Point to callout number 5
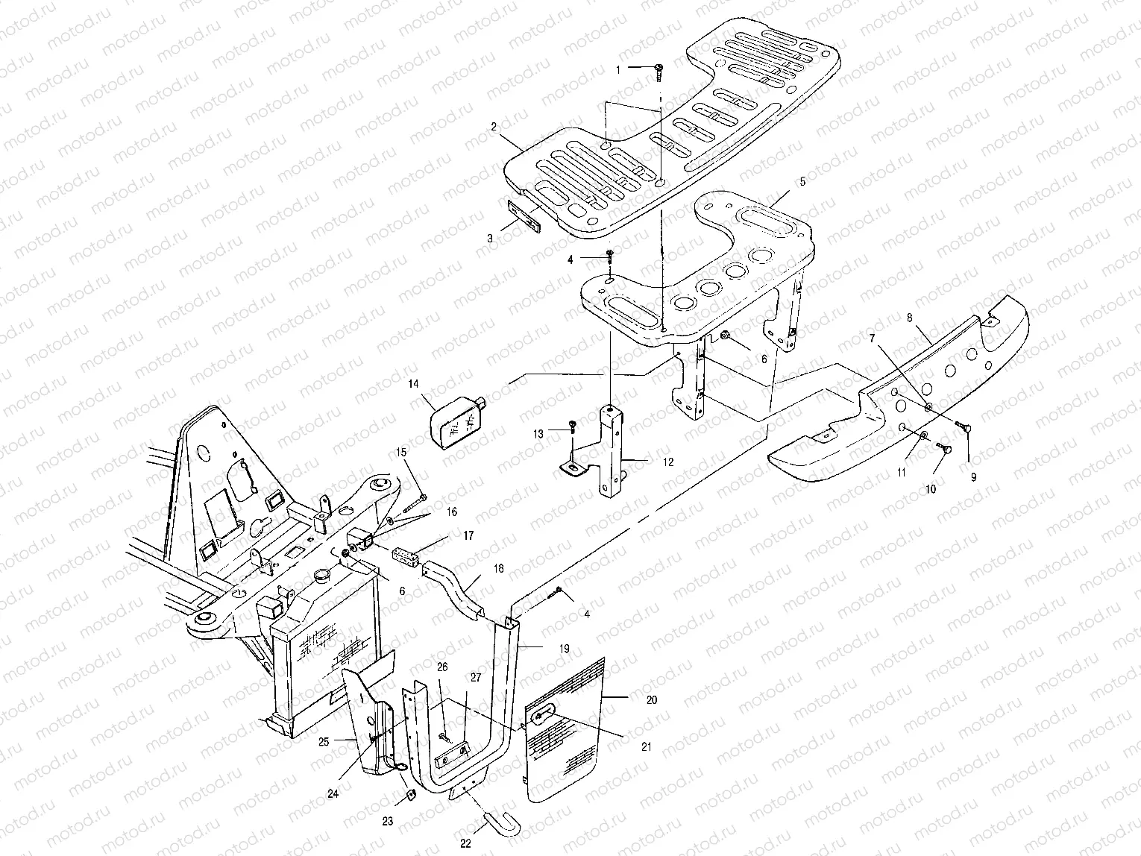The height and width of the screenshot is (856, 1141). pyautogui.click(x=802, y=181)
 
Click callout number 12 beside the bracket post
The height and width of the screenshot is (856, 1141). pyautogui.click(x=667, y=462)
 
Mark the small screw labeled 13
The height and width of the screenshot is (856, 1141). pyautogui.click(x=572, y=424)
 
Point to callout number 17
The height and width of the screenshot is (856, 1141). pyautogui.click(x=468, y=535)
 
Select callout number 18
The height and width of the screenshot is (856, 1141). pyautogui.click(x=498, y=568)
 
